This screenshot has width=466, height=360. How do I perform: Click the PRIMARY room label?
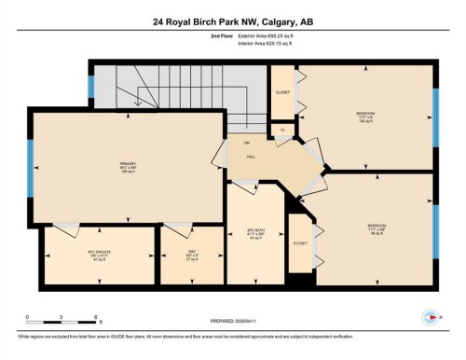[129, 167]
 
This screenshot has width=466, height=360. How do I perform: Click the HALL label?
[251, 158]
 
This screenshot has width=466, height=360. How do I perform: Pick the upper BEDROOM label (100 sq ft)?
[365, 117]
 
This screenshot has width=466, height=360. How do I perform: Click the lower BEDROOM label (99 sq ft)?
[377, 228]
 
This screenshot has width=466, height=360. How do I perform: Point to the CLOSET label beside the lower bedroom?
[299, 242]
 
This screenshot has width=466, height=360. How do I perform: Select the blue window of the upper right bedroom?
[435, 118]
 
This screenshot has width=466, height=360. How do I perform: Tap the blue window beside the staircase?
[90, 86]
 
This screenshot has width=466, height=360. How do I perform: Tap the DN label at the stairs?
[247, 143]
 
